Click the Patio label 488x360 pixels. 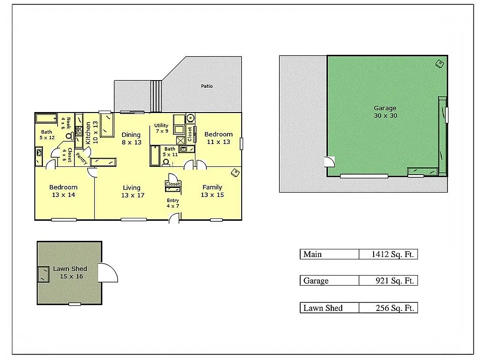pos(207,86)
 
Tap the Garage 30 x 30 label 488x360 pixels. pos(385,112)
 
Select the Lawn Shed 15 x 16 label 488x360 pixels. pos(70,273)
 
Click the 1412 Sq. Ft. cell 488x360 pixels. pos(388,254)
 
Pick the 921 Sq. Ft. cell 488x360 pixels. pos(388,281)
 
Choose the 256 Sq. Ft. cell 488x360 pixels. pos(388,308)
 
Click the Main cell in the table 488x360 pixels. pos(329,254)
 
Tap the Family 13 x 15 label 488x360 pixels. pos(212,191)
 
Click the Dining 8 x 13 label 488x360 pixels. pos(131,138)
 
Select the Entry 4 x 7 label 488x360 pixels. pos(173,203)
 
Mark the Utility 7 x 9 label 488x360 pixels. pos(161,128)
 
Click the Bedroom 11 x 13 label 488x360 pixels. pos(218,138)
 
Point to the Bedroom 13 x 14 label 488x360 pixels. pos(63,191)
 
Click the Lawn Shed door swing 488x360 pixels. pos(108,272)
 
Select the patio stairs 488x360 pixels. pos(156,96)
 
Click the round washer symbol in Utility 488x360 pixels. pos(191,118)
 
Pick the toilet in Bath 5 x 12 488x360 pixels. pos(69,136)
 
